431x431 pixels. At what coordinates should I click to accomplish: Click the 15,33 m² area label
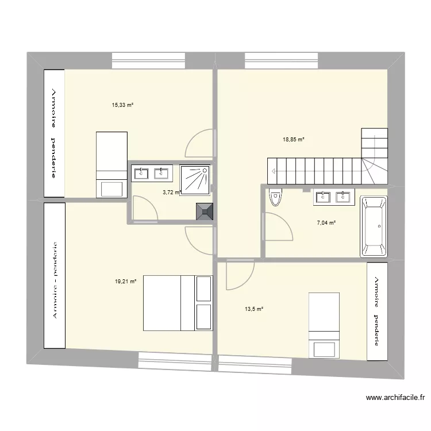[x=122, y=105]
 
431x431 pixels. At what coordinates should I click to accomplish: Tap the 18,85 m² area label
[x=293, y=139]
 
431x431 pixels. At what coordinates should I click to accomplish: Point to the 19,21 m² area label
[x=125, y=282]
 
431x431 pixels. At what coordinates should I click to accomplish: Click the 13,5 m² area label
[x=253, y=309]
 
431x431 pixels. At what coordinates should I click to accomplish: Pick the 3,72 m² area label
[x=171, y=193]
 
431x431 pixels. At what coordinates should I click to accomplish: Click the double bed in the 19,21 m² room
[x=178, y=303]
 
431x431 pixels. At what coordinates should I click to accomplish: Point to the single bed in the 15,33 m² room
[x=111, y=164]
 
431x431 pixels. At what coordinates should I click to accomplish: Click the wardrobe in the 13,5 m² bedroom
[x=376, y=311]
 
